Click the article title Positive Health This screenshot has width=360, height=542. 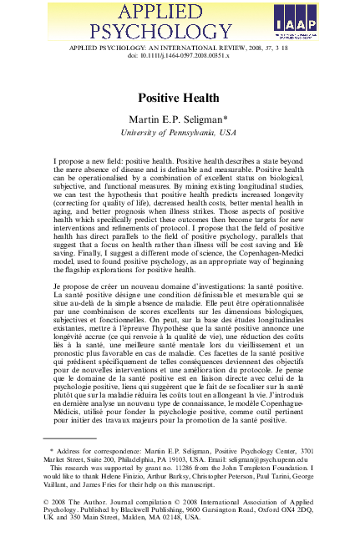tap(180, 98)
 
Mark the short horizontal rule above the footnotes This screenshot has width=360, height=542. tap(69, 438)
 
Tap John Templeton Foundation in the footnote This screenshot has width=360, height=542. tap(271, 469)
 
